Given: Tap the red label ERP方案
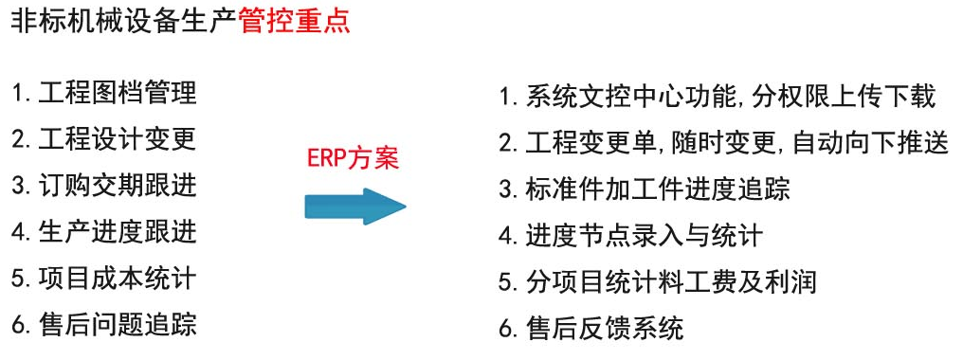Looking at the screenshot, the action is pos(353,157).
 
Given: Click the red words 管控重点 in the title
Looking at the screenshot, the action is pos(294,20).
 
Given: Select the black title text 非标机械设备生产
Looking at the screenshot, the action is pos(123,20).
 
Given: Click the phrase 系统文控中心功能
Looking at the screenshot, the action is pos(636,97).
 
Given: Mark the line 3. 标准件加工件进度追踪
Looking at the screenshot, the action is pos(645,189).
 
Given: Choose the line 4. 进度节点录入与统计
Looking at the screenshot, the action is pos(630,236).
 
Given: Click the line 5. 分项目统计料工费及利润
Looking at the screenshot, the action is pos(658,282).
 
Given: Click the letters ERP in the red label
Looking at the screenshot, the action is pos(323,157).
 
